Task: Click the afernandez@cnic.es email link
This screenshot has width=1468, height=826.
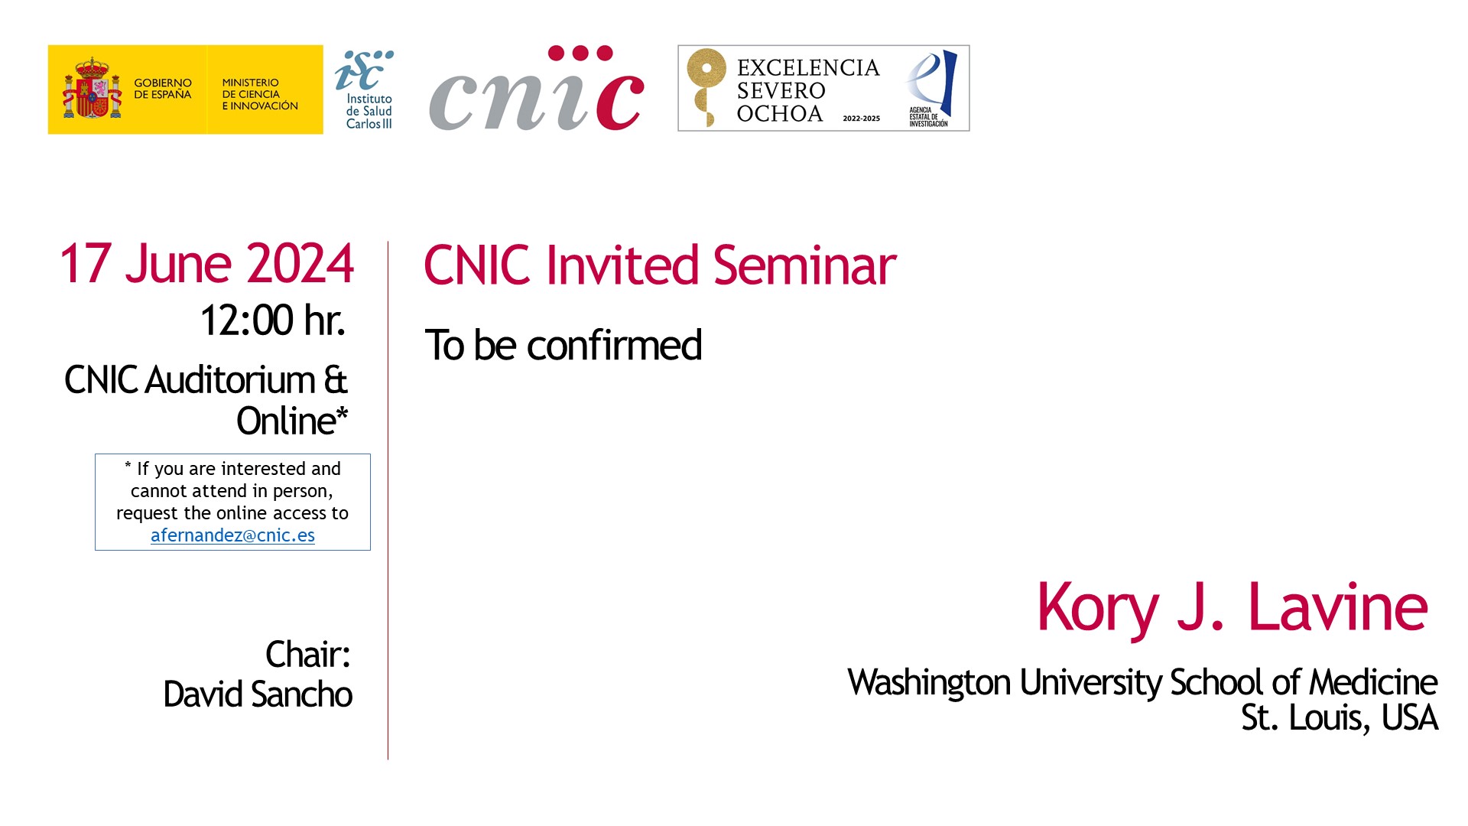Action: point(232,535)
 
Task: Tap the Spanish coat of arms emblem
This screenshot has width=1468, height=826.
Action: point(92,88)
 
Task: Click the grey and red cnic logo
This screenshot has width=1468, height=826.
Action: point(537,88)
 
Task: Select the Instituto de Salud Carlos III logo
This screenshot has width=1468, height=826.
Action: point(365,89)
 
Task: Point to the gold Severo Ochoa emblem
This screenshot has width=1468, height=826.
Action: point(705,86)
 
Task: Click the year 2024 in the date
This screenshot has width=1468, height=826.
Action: point(300,264)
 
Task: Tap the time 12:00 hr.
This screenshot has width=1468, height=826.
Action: point(273,320)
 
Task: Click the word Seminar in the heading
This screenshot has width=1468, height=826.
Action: point(804,265)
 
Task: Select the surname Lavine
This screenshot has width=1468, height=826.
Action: point(1338,607)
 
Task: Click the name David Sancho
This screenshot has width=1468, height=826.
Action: point(258,694)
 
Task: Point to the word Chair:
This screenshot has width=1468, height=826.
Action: point(308,655)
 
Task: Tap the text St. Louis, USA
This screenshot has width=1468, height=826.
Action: point(1340,718)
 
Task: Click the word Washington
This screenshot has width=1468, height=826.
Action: point(929,683)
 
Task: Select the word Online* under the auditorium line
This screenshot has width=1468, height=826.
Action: point(292,421)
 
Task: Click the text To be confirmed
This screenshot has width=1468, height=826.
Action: point(563,346)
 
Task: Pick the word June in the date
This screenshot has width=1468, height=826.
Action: point(177,264)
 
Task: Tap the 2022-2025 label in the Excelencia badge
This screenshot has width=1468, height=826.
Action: point(862,119)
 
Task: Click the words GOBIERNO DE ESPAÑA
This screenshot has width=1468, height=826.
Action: point(163,89)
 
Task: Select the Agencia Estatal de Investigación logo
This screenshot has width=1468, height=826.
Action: point(930,89)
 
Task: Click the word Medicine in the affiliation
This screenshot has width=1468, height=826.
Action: point(1372,682)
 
